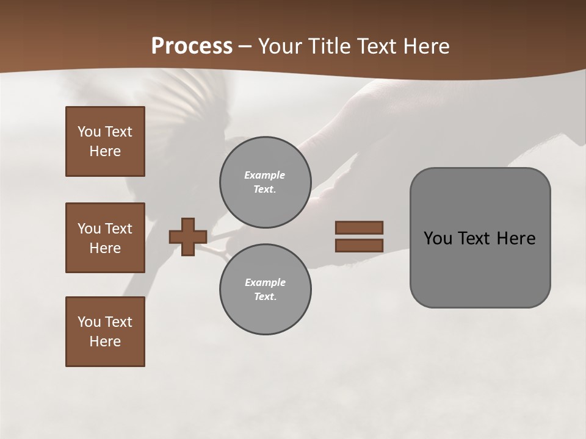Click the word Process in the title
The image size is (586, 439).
(x=192, y=46)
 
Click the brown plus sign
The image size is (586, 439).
(x=188, y=237)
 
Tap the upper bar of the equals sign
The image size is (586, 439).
(x=359, y=227)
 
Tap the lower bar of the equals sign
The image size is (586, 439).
(x=359, y=245)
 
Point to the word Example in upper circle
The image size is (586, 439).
(x=265, y=175)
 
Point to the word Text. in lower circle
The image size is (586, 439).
(x=265, y=296)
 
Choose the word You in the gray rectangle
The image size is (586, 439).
(x=438, y=238)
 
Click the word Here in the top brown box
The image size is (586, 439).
(x=105, y=151)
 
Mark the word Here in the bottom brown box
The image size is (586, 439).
(x=105, y=341)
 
